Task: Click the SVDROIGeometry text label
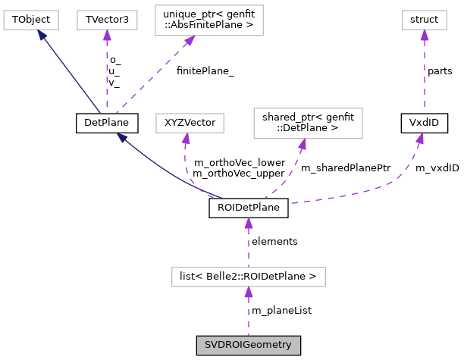[x=248, y=346]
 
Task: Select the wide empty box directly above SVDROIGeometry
[x=248, y=277]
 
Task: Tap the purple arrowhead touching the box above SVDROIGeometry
[x=248, y=293]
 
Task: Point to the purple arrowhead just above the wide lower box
[x=248, y=224]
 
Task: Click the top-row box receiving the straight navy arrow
[x=30, y=20]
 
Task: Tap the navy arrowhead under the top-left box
[x=42, y=35]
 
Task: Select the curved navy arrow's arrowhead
[x=121, y=137]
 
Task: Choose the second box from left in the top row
[x=107, y=20]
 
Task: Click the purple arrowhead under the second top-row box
[x=107, y=36]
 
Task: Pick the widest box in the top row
[x=208, y=20]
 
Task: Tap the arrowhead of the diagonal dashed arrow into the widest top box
[x=190, y=41]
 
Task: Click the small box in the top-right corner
[x=424, y=20]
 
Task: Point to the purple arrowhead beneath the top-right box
[x=424, y=36]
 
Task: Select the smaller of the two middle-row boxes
[x=190, y=123]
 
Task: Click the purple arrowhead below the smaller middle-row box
[x=185, y=139]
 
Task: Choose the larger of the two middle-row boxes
[x=308, y=124]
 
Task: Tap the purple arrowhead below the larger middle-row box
[x=302, y=144]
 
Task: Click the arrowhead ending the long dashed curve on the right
[x=419, y=139]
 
